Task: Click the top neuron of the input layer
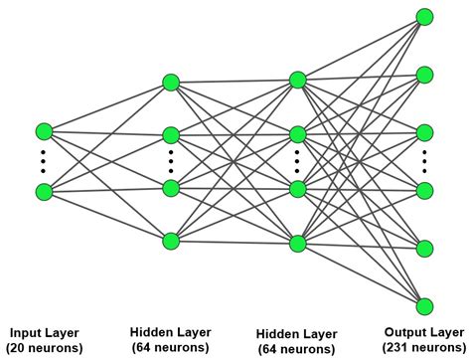[x=43, y=131]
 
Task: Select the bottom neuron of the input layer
[x=43, y=191]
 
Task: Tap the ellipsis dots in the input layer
[x=43, y=161]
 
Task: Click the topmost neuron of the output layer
[x=425, y=16]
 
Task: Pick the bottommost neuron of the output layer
[x=425, y=305]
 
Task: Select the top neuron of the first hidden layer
[x=170, y=82]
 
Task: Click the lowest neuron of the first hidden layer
[x=170, y=240]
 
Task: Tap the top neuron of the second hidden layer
[x=297, y=79]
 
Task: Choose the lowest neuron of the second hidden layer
[x=297, y=242]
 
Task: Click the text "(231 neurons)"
[x=422, y=347]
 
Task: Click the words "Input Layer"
[x=43, y=332]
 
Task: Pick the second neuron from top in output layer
[x=425, y=74]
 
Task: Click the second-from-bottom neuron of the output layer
[x=425, y=248]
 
